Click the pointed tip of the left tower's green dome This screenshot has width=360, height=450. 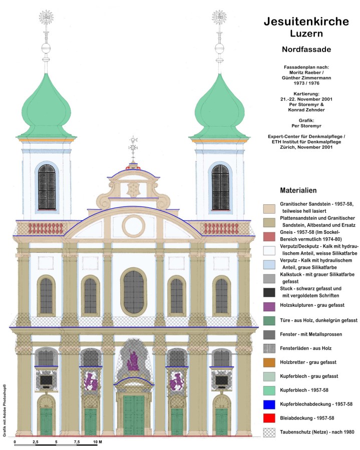pos(46,74)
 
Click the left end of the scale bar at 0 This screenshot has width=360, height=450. pos(15,445)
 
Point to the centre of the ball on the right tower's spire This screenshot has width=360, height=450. pos(219,48)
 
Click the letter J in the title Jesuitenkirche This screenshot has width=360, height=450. pos(267,22)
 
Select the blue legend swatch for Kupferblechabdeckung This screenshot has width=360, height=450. pos(269,404)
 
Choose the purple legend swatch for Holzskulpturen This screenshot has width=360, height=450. pos(269,306)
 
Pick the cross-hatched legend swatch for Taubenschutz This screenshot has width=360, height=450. pos(269,432)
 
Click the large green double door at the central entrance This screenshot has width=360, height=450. pos(134,415)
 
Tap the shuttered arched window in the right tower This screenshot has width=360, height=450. pos(220,187)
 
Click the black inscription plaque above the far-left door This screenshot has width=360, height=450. pos(46,380)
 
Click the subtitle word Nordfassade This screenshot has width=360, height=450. pos(306,50)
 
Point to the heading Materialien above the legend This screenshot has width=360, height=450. pos(298,190)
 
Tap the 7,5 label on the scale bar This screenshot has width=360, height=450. pos(77,442)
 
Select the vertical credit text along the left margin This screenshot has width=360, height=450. pos(5,410)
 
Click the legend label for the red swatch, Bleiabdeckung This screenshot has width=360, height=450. pos(307,418)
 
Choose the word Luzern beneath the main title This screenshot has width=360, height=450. pos(306,34)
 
